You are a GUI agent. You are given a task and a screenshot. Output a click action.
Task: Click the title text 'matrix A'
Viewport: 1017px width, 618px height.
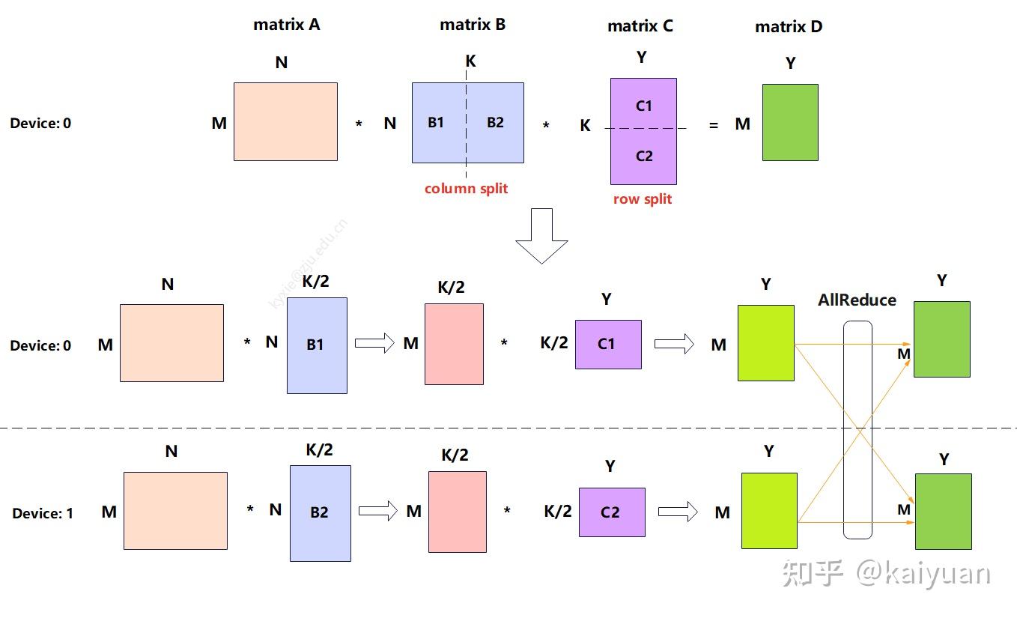tap(286, 25)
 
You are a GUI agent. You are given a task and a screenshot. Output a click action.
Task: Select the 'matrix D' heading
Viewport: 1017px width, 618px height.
tap(788, 27)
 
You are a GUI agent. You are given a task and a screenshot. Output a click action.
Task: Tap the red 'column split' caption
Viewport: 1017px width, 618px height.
tap(466, 189)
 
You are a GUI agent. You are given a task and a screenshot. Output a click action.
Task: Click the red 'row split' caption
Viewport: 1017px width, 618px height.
tap(643, 199)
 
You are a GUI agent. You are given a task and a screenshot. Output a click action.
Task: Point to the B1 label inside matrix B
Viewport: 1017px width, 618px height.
tap(436, 123)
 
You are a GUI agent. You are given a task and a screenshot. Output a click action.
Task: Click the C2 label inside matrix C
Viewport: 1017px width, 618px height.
tap(644, 157)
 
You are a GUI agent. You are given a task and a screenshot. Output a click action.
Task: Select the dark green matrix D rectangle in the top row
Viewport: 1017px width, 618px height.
tap(790, 122)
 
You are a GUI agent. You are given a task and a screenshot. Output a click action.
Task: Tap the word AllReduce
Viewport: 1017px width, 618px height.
tap(857, 300)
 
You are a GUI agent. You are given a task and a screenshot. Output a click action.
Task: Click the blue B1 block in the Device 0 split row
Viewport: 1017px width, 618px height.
tap(317, 345)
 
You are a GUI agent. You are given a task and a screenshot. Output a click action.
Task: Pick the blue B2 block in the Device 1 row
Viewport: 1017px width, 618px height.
tap(320, 513)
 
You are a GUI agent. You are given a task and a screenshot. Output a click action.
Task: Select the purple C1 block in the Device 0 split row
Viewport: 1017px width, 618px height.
tap(608, 345)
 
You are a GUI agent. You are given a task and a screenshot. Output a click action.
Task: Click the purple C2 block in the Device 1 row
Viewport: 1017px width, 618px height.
tap(612, 512)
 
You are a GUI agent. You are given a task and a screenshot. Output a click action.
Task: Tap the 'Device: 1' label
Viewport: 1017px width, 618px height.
tap(43, 514)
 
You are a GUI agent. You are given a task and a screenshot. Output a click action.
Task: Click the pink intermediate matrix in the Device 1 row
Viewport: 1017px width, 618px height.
tap(457, 512)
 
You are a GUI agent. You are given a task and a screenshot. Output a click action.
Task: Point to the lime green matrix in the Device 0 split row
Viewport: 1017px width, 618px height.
tap(765, 343)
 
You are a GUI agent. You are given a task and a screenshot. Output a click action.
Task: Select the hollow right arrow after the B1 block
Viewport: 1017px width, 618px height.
tap(374, 344)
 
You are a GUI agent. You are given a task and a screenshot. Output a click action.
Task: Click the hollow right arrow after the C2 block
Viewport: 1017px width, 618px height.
tap(678, 512)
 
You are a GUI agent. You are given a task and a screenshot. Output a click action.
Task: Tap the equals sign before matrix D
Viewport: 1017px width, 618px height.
tap(713, 125)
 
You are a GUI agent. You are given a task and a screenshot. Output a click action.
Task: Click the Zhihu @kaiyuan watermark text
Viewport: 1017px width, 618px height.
tap(887, 574)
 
